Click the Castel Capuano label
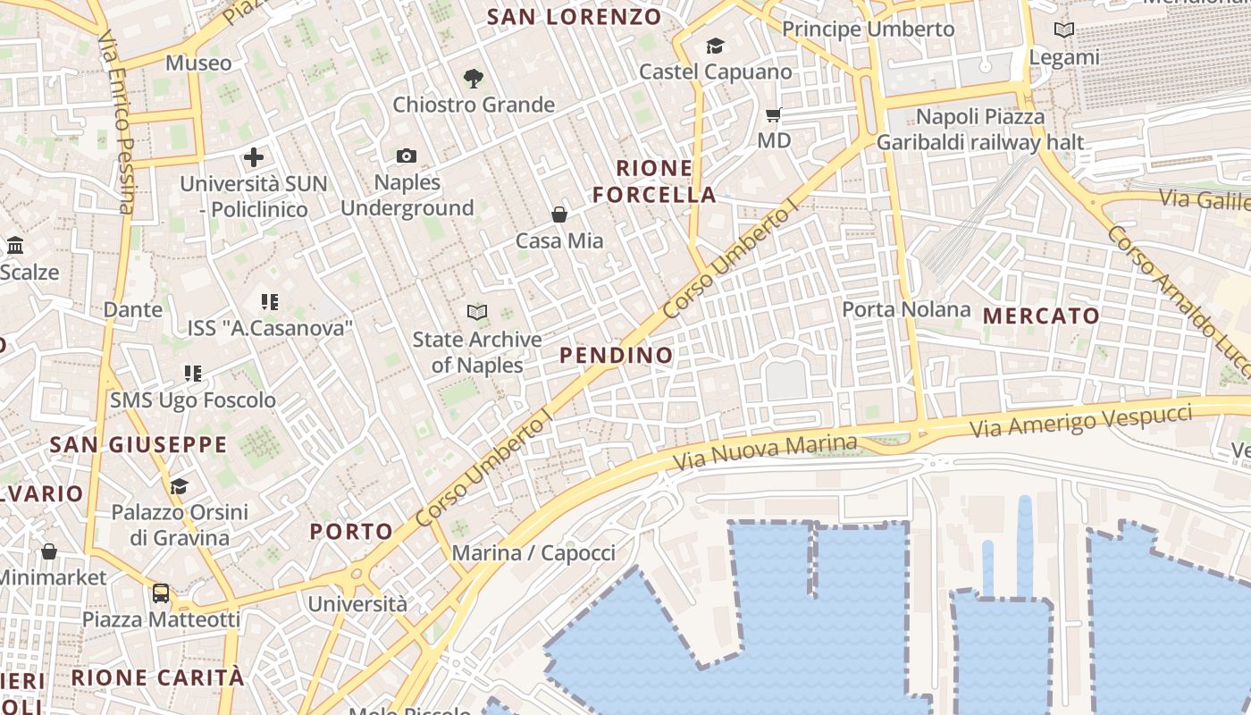pyautogui.click(x=716, y=71)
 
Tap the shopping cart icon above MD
pyautogui.click(x=774, y=114)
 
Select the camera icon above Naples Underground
pyautogui.click(x=407, y=156)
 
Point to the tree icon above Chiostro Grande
pyautogui.click(x=474, y=79)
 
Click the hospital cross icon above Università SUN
pyautogui.click(x=254, y=158)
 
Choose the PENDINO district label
pyautogui.click(x=616, y=355)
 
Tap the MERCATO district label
pyautogui.click(x=1041, y=315)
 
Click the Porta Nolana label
pyautogui.click(x=906, y=309)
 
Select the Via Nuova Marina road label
pyautogui.click(x=765, y=452)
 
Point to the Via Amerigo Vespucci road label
pyautogui.click(x=1081, y=420)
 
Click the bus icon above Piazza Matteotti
pyautogui.click(x=161, y=593)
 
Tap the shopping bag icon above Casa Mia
pyautogui.click(x=559, y=214)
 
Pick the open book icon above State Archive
pyautogui.click(x=477, y=313)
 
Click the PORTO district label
pyautogui.click(x=351, y=532)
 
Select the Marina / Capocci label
pyautogui.click(x=533, y=552)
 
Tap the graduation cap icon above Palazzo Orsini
pyautogui.click(x=180, y=486)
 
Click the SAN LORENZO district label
pyautogui.click(x=575, y=16)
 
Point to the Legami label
pyautogui.click(x=1063, y=57)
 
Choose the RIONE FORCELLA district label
pyautogui.click(x=654, y=181)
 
